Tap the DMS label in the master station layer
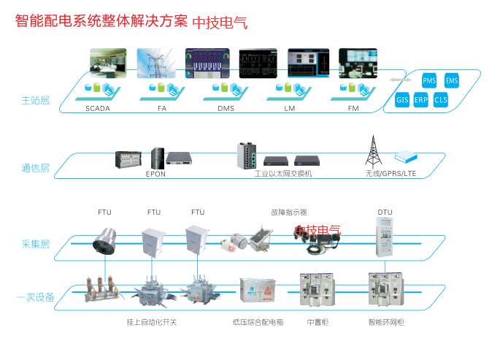[x=226, y=107]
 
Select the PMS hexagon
[x=429, y=81]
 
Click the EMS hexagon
[x=452, y=81]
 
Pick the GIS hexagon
[x=402, y=99]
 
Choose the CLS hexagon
[x=441, y=99]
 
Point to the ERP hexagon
[x=421, y=99]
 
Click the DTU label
[x=385, y=212]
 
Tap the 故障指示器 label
[x=288, y=212]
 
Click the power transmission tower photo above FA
[x=153, y=64]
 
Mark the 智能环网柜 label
[x=387, y=321]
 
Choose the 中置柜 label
[x=318, y=321]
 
